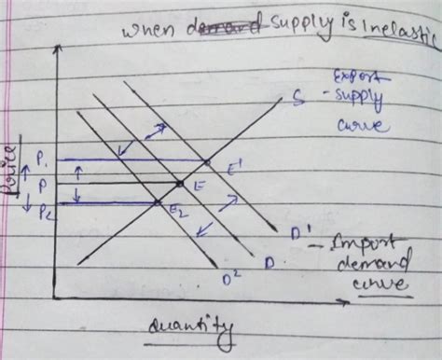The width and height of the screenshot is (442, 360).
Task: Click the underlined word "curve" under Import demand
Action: pyautogui.click(x=384, y=284)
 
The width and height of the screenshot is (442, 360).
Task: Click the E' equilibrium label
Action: pyautogui.click(x=237, y=168)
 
